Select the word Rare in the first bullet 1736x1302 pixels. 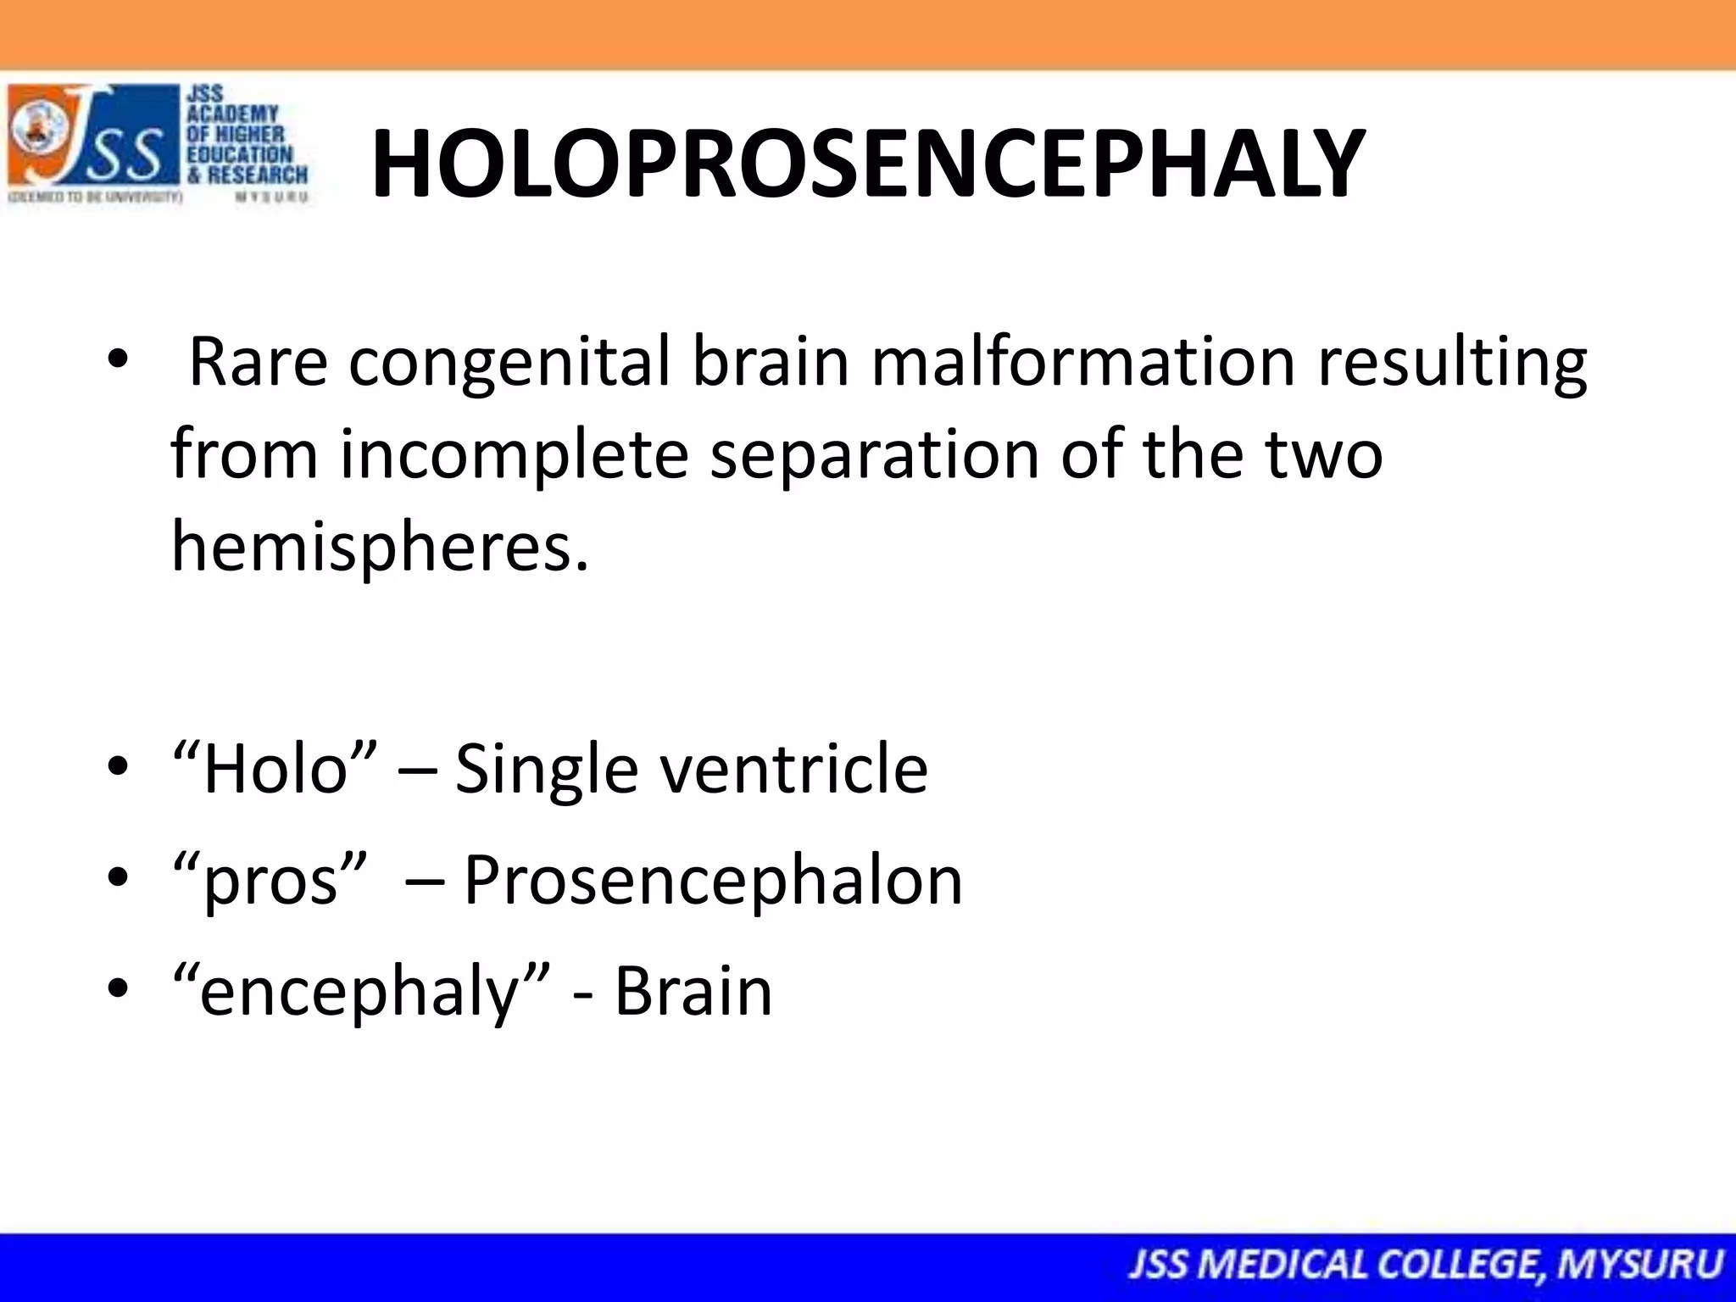[x=258, y=362]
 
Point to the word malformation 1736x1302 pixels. [x=1082, y=362]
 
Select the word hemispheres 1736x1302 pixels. [x=379, y=546]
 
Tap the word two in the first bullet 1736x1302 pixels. [x=1324, y=454]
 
